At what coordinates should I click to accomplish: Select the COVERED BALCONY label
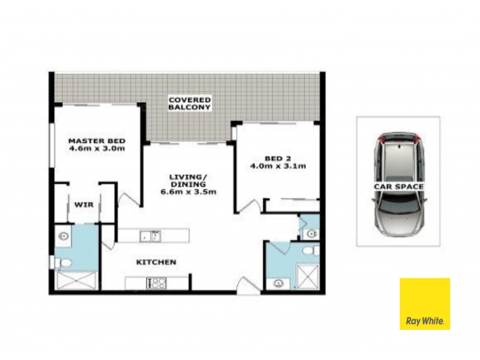point(190,103)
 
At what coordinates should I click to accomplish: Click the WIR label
point(83,205)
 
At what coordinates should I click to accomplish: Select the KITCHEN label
point(155,262)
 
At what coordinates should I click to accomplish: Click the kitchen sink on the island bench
point(150,236)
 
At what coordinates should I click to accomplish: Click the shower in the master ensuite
point(76,281)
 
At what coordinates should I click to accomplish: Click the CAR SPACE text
point(398,187)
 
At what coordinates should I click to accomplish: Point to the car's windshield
point(398,207)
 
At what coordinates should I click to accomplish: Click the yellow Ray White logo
point(425,304)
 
